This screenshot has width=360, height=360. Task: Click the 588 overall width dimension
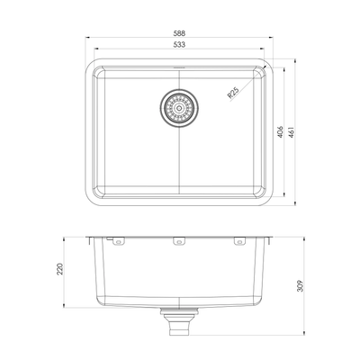(181, 33)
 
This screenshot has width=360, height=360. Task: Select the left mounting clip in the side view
(117, 241)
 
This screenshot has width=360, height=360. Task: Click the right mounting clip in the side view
(239, 241)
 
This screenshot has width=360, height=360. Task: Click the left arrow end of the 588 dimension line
(87, 39)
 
